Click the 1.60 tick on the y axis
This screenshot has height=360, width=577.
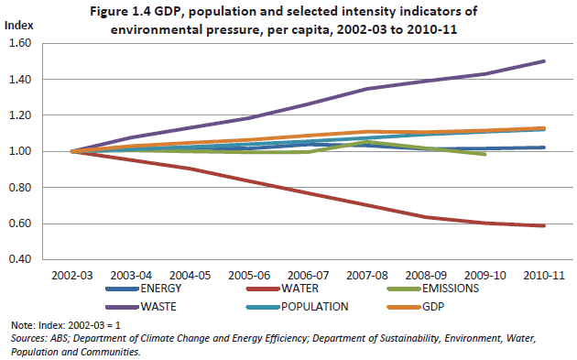point(20,43)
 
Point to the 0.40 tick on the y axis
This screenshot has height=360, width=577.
point(20,259)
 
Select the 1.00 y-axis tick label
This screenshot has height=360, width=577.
point(20,151)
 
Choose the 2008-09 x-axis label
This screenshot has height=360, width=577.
point(426,275)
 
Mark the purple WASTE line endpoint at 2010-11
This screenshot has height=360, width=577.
point(544,61)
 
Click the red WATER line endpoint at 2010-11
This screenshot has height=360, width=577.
point(544,225)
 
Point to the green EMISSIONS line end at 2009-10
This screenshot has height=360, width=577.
point(484,154)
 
